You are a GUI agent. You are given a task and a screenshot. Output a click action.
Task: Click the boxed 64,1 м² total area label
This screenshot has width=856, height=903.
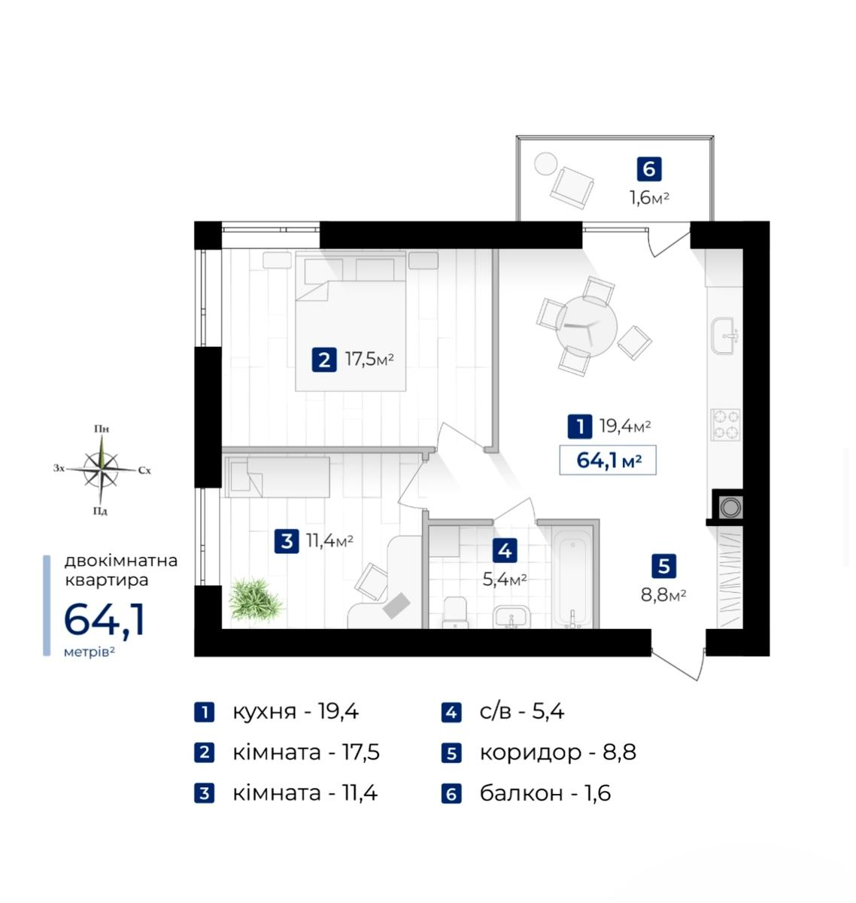[607, 460]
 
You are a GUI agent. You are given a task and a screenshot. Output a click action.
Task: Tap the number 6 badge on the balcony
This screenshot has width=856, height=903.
[649, 169]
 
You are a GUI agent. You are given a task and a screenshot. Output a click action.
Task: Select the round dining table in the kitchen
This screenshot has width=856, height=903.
[586, 327]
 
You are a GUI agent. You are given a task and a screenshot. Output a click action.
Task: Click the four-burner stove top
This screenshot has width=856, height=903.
[725, 424]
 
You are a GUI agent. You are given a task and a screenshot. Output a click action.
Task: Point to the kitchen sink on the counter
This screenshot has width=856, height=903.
[724, 336]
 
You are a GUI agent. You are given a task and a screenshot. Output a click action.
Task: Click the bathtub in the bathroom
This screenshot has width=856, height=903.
[572, 577]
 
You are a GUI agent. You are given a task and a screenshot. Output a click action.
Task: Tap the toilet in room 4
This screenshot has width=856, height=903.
[455, 613]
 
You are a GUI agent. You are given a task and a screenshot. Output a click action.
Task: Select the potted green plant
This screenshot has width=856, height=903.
[255, 599]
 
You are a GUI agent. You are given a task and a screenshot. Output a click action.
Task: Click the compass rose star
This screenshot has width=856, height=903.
[101, 469]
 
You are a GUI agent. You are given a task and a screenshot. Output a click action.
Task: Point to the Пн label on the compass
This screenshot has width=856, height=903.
[102, 429]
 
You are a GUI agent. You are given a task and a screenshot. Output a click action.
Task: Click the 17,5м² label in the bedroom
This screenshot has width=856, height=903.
[369, 359]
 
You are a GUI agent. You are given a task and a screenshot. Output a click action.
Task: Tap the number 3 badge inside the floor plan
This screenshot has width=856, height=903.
[287, 540]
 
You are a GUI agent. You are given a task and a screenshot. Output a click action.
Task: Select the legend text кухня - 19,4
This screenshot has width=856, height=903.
[296, 712]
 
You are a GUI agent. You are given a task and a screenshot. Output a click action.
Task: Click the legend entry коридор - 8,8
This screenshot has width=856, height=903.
[557, 752]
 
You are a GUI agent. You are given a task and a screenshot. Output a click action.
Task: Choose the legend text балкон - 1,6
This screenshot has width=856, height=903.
[545, 793]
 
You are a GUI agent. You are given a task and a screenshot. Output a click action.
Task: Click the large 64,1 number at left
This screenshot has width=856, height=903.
[105, 619]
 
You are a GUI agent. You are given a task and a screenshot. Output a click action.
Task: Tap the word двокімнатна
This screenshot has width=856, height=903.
[121, 561]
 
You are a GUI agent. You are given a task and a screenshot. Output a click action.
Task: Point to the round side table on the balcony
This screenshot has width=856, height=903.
[545, 163]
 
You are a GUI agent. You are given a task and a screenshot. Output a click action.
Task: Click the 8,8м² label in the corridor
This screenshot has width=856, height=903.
[663, 596]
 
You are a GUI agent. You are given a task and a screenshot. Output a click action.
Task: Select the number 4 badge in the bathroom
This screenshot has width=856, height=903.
[505, 551]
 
